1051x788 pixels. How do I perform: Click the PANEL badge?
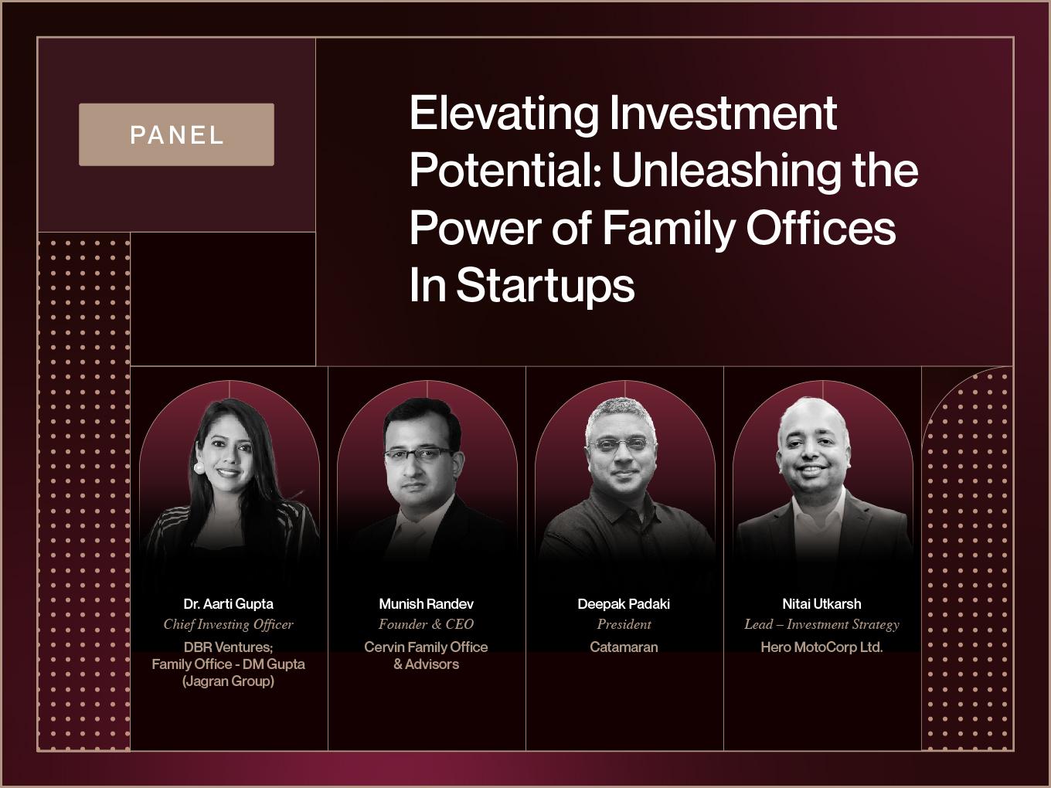(176, 134)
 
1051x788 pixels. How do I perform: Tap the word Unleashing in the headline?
(726, 171)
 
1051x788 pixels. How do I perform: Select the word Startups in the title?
(546, 286)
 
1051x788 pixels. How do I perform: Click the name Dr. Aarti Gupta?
(229, 604)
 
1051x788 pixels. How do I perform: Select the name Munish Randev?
(426, 604)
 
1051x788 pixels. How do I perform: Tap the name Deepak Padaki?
(624, 604)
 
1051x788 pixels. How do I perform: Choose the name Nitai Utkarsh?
(821, 604)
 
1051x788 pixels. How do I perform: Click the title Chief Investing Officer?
(229, 624)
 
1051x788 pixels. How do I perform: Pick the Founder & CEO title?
(426, 624)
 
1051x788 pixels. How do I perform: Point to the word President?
(624, 624)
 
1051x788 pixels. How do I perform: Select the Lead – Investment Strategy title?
(821, 625)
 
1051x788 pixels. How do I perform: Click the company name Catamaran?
(624, 647)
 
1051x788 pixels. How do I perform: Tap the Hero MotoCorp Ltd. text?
(821, 647)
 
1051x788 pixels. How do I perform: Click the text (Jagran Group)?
(229, 681)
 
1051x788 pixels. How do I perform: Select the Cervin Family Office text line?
(426, 647)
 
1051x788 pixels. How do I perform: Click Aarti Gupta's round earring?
(199, 467)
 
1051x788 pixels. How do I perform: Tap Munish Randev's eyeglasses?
(418, 454)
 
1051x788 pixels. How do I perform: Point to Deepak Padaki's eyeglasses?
(622, 444)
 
